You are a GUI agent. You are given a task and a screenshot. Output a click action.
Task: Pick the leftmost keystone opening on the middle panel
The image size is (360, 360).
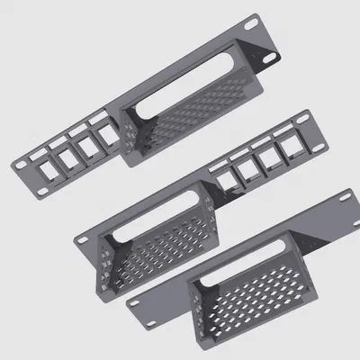[x=221, y=184]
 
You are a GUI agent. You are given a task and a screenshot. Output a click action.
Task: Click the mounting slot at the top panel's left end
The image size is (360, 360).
[x=21, y=166]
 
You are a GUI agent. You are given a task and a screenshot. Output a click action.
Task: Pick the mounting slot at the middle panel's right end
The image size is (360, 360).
[x=309, y=123]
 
